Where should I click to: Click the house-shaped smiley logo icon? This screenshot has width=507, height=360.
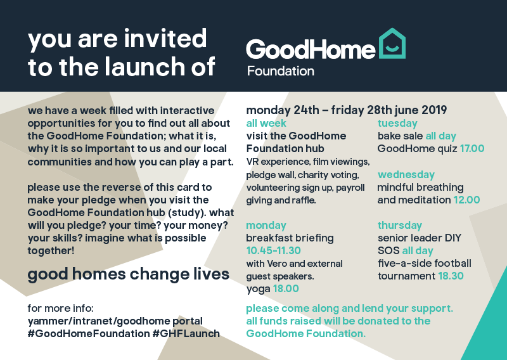point(392,43)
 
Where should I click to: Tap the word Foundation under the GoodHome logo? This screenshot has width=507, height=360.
point(281,71)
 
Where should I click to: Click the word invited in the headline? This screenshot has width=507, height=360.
point(165,38)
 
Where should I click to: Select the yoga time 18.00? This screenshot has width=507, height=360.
point(286,288)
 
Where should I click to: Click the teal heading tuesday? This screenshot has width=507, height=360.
point(397,123)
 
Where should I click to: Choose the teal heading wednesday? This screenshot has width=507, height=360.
point(406,175)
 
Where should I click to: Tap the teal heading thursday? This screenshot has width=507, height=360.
point(400,225)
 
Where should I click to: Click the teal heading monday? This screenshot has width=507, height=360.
point(266,226)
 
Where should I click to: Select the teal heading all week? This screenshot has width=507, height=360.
point(266,123)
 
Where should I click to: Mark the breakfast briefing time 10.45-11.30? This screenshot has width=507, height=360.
point(274,250)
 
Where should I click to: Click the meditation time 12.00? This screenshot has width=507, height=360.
point(466,200)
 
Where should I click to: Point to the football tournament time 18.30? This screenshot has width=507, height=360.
point(451,276)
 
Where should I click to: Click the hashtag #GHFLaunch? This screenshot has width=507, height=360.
point(186,333)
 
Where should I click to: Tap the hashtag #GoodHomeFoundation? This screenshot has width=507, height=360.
point(89,333)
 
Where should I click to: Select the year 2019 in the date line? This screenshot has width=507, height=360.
point(434,110)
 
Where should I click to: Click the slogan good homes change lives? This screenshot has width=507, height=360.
point(129,274)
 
